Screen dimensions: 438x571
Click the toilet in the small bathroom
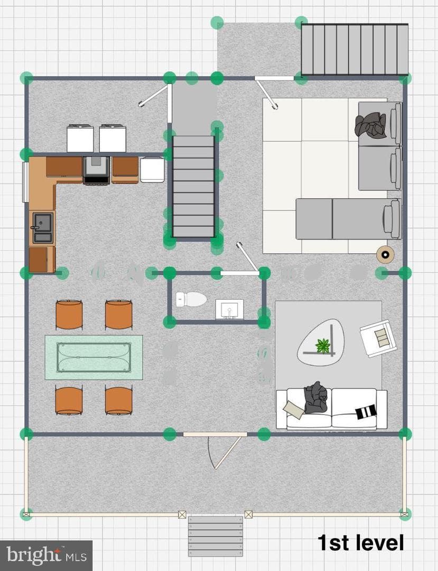tap(191, 299)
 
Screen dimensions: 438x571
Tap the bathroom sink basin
tap(229, 309)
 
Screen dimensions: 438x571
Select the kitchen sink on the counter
tap(43, 228)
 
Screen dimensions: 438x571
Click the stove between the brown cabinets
tap(96, 170)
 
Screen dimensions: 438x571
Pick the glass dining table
tap(94, 357)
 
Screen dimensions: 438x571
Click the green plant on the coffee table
tap(322, 345)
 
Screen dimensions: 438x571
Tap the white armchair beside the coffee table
tap(378, 338)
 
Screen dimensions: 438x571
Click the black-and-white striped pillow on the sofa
tap(366, 411)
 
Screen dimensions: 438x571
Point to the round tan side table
tap(385, 254)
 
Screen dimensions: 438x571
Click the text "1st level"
tap(360, 542)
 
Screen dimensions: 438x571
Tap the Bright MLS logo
tap(46, 555)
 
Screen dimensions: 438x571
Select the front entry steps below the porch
tap(216, 536)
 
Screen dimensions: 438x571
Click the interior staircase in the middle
tap(193, 187)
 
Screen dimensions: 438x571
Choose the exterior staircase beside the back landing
tap(355, 50)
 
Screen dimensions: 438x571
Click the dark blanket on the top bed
tap(371, 125)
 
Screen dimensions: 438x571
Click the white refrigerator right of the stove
tap(152, 169)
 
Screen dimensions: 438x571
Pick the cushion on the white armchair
tap(382, 338)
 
